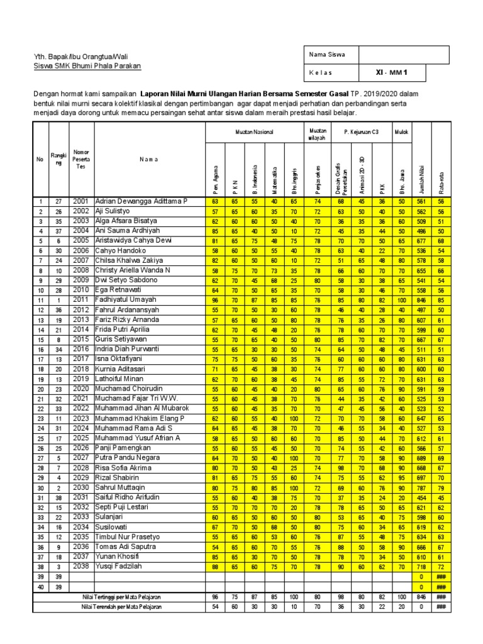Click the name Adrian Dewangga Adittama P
[141, 201]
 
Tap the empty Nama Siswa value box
[404, 55]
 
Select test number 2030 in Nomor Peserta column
[81, 488]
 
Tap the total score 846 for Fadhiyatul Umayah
[420, 301]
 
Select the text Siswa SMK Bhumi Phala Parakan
[87, 66]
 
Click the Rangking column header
[58, 159]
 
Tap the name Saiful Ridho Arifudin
[130, 497]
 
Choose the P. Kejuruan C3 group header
[360, 133]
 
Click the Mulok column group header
[401, 133]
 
